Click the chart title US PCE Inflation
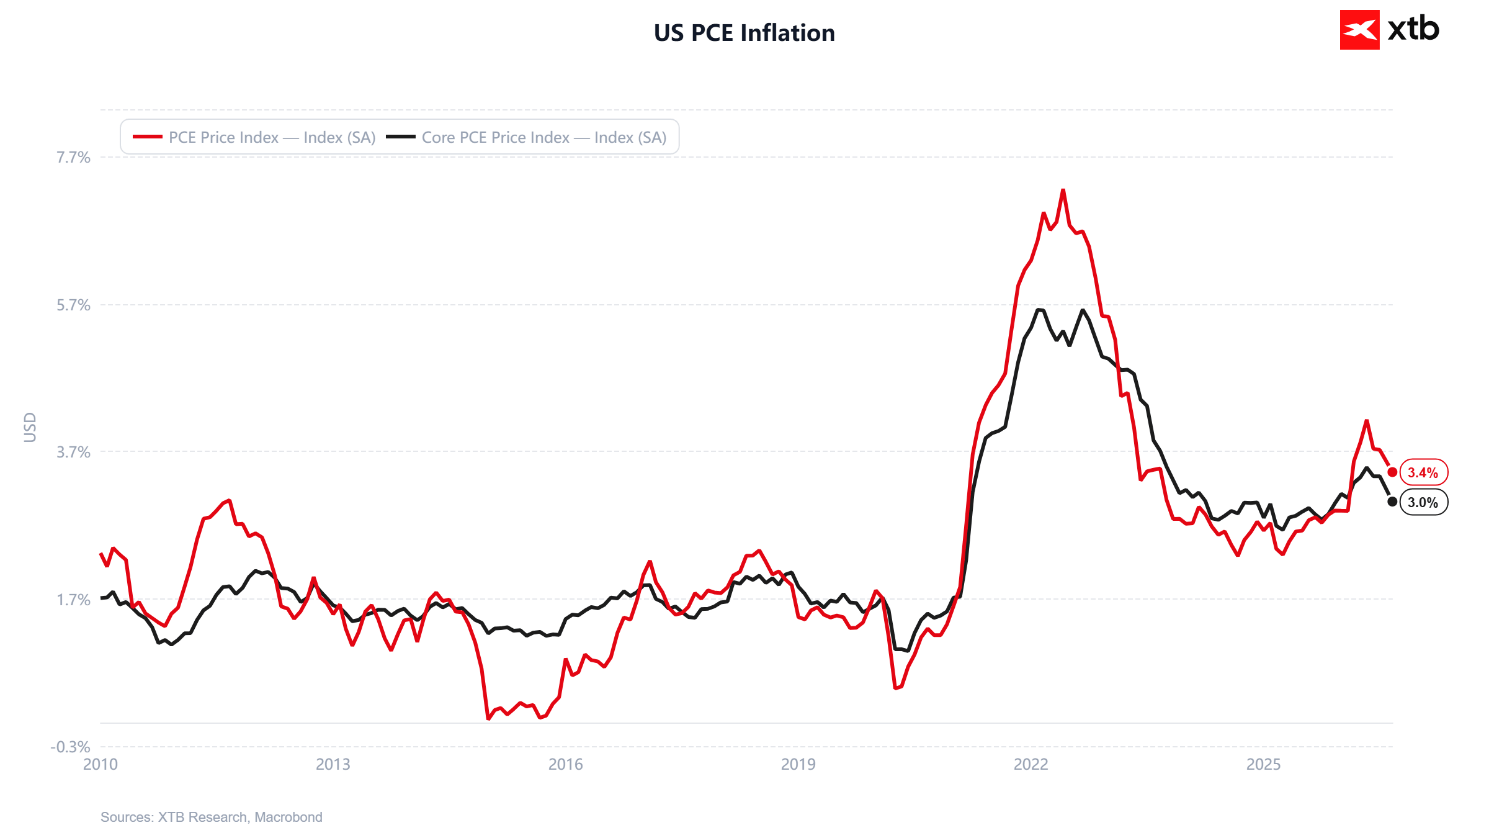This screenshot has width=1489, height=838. tap(744, 33)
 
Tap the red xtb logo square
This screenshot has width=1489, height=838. tap(1359, 30)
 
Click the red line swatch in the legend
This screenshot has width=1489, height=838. tap(148, 137)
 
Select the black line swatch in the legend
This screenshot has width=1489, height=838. tap(401, 137)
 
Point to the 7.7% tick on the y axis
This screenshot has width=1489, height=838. tap(74, 157)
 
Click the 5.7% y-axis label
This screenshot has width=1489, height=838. tap(74, 305)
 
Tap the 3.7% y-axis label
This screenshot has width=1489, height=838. tap(74, 452)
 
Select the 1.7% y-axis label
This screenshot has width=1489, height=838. tap(74, 600)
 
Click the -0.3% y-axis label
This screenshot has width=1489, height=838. tap(71, 747)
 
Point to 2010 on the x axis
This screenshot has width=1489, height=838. tap(101, 764)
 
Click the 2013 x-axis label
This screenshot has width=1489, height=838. tap(333, 764)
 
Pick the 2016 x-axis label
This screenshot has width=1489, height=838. tap(566, 764)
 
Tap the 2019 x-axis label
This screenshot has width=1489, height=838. tap(798, 764)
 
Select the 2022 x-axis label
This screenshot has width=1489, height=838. tap(1031, 764)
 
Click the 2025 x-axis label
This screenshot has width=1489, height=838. tap(1264, 764)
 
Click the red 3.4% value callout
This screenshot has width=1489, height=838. tap(1424, 472)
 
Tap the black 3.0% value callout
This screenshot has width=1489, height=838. tap(1424, 502)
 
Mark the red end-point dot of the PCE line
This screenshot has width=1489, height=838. tap(1392, 472)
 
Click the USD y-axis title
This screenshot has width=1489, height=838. tap(30, 428)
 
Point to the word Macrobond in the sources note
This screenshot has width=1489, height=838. tap(288, 817)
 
